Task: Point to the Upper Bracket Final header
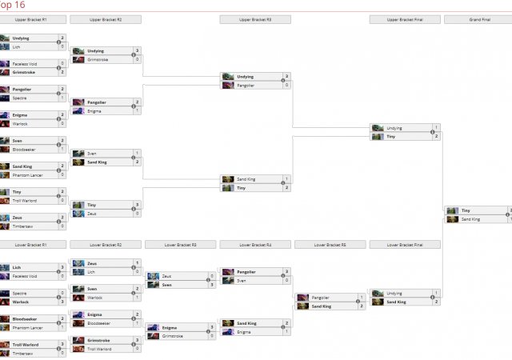point(405,18)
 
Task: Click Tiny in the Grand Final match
point(467,210)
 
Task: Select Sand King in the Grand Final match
point(470,218)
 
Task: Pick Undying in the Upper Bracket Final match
point(395,127)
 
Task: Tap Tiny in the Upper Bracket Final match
point(391,136)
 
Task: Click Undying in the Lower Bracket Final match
point(395,293)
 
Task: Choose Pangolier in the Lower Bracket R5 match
point(320,298)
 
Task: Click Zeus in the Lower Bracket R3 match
point(166,276)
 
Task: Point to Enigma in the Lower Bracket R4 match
point(244,331)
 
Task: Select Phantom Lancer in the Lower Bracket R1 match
point(26,327)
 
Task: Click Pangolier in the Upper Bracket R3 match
point(246,85)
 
